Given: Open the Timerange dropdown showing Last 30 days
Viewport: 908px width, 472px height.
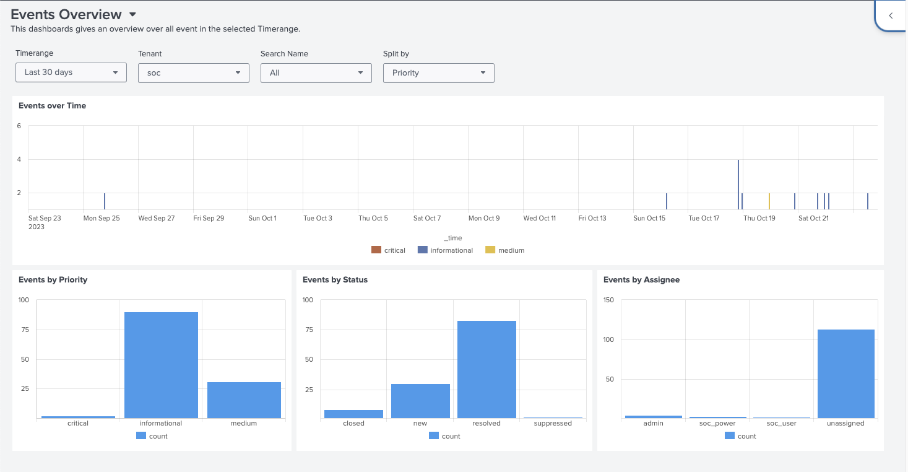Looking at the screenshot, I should point(71,72).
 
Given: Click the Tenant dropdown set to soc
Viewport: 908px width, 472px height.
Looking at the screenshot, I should point(193,73).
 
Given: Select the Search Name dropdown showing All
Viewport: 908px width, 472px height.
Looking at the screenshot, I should point(316,73).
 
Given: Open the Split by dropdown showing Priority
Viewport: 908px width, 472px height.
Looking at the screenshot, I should point(438,73).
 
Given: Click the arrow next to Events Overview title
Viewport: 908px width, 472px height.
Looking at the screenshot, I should point(132,15).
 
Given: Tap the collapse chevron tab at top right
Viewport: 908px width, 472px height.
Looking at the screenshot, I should point(891,16).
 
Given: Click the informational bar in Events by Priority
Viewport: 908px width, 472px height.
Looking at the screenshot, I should point(161,365).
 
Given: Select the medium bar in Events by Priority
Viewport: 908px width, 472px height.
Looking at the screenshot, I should point(244,400).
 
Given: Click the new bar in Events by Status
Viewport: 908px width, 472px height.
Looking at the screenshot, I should point(420,401).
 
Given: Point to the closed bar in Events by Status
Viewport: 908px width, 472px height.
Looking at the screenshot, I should point(353,414).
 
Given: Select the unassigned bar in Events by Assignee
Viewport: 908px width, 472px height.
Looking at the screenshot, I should point(845,374).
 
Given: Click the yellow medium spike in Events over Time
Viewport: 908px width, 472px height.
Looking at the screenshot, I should point(769,201).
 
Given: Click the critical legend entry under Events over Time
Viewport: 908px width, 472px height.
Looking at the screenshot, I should point(388,250).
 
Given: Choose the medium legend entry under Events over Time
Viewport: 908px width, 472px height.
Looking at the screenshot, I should point(504,250).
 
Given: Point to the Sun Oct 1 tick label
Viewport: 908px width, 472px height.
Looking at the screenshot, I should point(262,218).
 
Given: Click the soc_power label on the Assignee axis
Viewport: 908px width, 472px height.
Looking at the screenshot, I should point(717,423).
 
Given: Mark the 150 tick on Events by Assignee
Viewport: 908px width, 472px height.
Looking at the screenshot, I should point(608,300).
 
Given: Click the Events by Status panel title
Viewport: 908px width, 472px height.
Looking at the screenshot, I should point(335,280).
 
